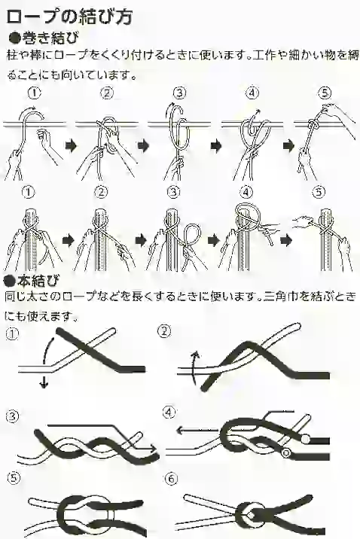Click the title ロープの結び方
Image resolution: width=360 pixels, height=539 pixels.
[69, 16]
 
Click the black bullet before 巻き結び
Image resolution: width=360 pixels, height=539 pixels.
[14, 38]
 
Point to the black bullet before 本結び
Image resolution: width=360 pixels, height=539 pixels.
[9, 282]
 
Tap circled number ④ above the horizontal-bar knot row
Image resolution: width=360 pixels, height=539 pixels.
[252, 93]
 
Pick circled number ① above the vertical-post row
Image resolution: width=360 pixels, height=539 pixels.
[29, 192]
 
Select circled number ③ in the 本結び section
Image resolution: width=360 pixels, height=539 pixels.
[12, 417]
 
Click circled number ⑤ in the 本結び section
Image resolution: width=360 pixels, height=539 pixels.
[12, 479]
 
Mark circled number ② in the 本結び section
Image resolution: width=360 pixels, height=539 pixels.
[164, 331]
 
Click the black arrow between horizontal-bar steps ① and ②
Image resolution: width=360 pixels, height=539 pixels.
[70, 146]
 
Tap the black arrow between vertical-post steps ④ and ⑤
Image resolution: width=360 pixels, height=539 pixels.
[286, 240]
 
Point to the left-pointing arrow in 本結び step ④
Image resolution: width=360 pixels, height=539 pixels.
[197, 430]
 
